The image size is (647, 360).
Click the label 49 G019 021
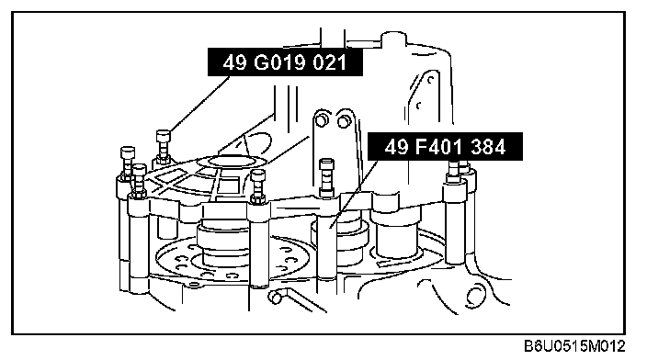285,62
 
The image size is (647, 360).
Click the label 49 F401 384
445,146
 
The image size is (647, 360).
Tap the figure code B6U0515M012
574,345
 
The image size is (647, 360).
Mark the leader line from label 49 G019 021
199,104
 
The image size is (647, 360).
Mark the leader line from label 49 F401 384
354,194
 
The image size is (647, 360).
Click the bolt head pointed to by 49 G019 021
163,136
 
